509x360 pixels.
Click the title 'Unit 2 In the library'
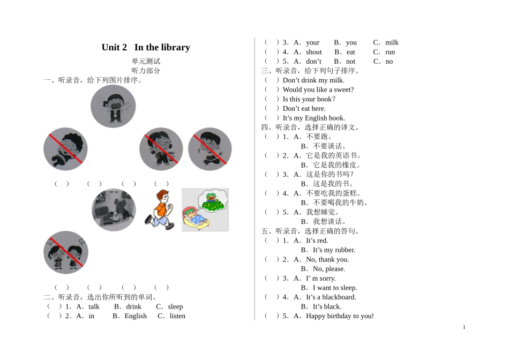pyautogui.click(x=146, y=47)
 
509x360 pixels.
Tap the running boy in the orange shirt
pyautogui.click(x=160, y=209)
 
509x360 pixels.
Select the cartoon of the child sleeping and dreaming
pyautogui.click(x=205, y=209)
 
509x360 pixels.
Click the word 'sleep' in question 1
pyautogui.click(x=175, y=306)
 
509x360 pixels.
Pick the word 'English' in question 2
pyautogui.click(x=136, y=316)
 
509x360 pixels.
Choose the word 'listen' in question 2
pyautogui.click(x=177, y=316)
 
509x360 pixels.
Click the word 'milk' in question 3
pyautogui.click(x=392, y=42)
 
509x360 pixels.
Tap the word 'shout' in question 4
pyautogui.click(x=314, y=52)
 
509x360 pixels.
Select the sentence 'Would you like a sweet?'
pyautogui.click(x=318, y=89)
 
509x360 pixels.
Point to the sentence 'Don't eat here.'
pyautogui.click(x=304, y=108)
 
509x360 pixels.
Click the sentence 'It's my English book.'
pyautogui.click(x=314, y=118)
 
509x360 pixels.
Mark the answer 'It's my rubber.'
pyautogui.click(x=334, y=250)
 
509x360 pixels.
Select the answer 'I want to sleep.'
pyautogui.click(x=335, y=288)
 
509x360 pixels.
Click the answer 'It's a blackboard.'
pyautogui.click(x=331, y=297)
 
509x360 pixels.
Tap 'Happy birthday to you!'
pyautogui.click(x=340, y=316)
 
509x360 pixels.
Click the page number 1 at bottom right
pyautogui.click(x=464, y=327)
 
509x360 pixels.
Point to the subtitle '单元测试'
pyautogui.click(x=146, y=61)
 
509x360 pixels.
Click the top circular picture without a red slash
pyautogui.click(x=113, y=107)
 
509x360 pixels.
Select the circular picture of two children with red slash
pyautogui.click(x=66, y=252)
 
